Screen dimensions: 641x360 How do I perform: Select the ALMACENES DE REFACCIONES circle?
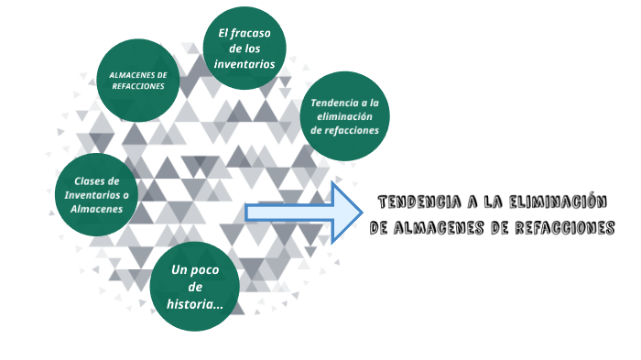[x=137, y=80]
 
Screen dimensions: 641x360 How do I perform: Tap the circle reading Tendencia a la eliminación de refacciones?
[x=344, y=116]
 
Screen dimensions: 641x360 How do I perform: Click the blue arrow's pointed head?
[x=347, y=213]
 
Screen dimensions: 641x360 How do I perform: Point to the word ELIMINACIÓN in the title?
[x=558, y=202]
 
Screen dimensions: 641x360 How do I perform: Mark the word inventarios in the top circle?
[x=244, y=64]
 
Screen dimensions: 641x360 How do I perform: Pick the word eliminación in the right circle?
[x=344, y=116]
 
